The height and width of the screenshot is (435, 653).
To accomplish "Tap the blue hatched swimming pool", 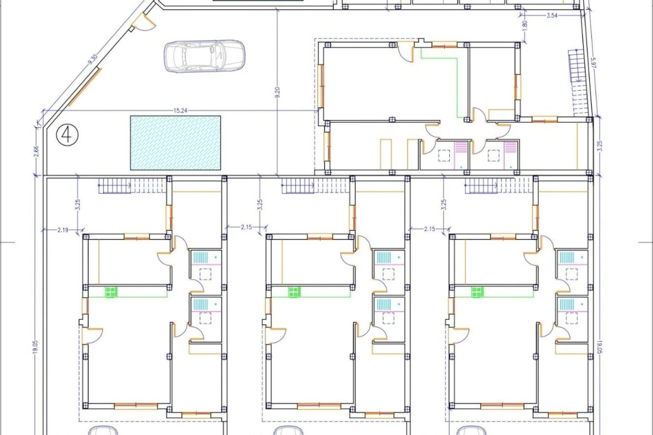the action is coord(175,143).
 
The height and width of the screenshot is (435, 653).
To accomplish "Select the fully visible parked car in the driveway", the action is coord(204,56).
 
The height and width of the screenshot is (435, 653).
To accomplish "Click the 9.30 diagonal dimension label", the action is coord(93,60).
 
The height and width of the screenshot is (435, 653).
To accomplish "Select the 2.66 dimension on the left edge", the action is coord(37,151).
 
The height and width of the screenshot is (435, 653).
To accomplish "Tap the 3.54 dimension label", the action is coord(552,15).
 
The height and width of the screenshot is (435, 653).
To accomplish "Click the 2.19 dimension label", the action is coord(63,230).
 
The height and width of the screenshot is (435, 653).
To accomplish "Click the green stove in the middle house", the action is coord(295,292).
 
